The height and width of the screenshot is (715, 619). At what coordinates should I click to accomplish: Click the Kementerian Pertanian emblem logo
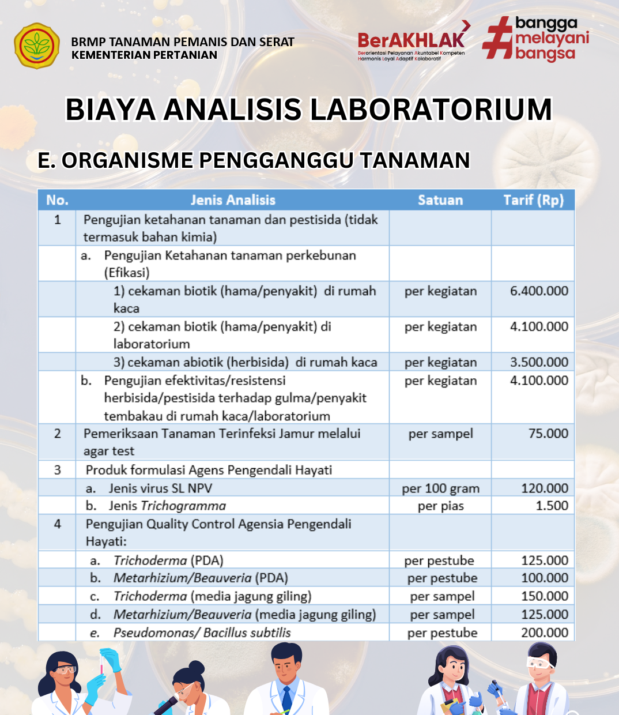36,46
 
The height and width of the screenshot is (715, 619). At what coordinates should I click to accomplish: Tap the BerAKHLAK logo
412,40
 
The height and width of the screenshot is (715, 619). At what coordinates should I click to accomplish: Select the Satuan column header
440,200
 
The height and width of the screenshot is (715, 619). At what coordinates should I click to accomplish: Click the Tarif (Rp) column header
533,200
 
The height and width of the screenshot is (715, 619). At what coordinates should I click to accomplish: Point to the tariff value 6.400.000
539,291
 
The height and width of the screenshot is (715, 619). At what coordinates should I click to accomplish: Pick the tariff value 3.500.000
539,362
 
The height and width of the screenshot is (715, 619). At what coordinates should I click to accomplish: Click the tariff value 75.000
548,434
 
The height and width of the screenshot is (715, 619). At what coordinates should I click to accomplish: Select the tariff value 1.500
552,506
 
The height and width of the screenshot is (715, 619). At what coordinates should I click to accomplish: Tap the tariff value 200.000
544,633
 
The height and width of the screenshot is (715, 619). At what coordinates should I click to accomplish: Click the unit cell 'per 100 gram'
440,488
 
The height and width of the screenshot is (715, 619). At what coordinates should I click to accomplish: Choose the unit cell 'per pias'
440,506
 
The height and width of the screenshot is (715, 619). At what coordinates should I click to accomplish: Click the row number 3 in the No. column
57,470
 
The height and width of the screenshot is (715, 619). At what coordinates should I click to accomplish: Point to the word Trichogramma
183,506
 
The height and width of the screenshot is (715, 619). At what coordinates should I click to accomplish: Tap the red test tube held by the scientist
103,663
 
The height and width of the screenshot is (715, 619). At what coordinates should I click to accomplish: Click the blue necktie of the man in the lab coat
286,698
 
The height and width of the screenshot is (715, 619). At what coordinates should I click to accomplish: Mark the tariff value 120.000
544,488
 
